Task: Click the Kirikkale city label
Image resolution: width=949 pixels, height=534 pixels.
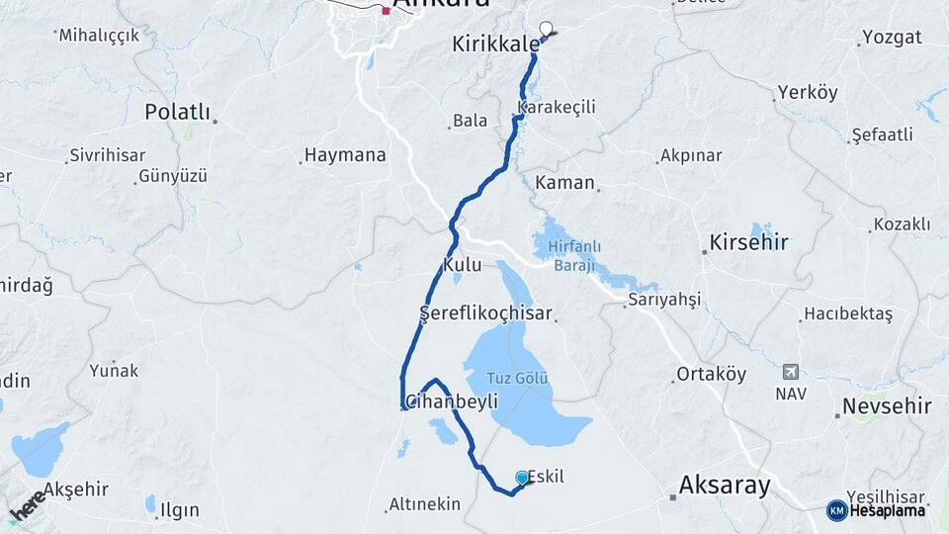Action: click(x=496, y=44)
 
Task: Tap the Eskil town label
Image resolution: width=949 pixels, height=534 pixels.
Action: click(x=547, y=477)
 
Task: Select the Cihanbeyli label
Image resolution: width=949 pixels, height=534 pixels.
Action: click(x=453, y=400)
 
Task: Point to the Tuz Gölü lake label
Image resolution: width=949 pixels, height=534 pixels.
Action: click(x=518, y=378)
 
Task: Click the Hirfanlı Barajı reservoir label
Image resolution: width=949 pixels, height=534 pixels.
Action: click(x=574, y=254)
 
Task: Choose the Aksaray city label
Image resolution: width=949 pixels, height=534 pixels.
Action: click(x=725, y=485)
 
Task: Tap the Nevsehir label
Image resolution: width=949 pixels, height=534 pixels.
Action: click(x=887, y=405)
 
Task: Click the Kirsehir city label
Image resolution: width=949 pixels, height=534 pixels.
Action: click(x=748, y=242)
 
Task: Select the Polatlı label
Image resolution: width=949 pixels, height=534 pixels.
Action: click(x=178, y=111)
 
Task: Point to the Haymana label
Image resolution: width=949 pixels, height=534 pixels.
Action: click(x=345, y=155)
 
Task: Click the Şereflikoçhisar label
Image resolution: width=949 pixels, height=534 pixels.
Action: click(x=485, y=313)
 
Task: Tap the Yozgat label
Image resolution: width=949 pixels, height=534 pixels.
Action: click(x=892, y=38)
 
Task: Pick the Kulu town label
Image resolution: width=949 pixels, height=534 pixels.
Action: click(x=463, y=265)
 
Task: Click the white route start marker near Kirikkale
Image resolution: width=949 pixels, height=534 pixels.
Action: click(x=546, y=30)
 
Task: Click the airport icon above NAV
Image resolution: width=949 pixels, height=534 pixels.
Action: click(x=790, y=372)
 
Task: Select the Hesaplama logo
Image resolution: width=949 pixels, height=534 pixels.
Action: click(x=879, y=510)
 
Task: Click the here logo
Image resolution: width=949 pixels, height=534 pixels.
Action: click(x=27, y=505)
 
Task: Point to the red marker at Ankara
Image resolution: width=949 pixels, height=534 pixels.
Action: click(x=386, y=11)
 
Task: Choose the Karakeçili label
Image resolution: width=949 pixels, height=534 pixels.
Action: click(x=557, y=107)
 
